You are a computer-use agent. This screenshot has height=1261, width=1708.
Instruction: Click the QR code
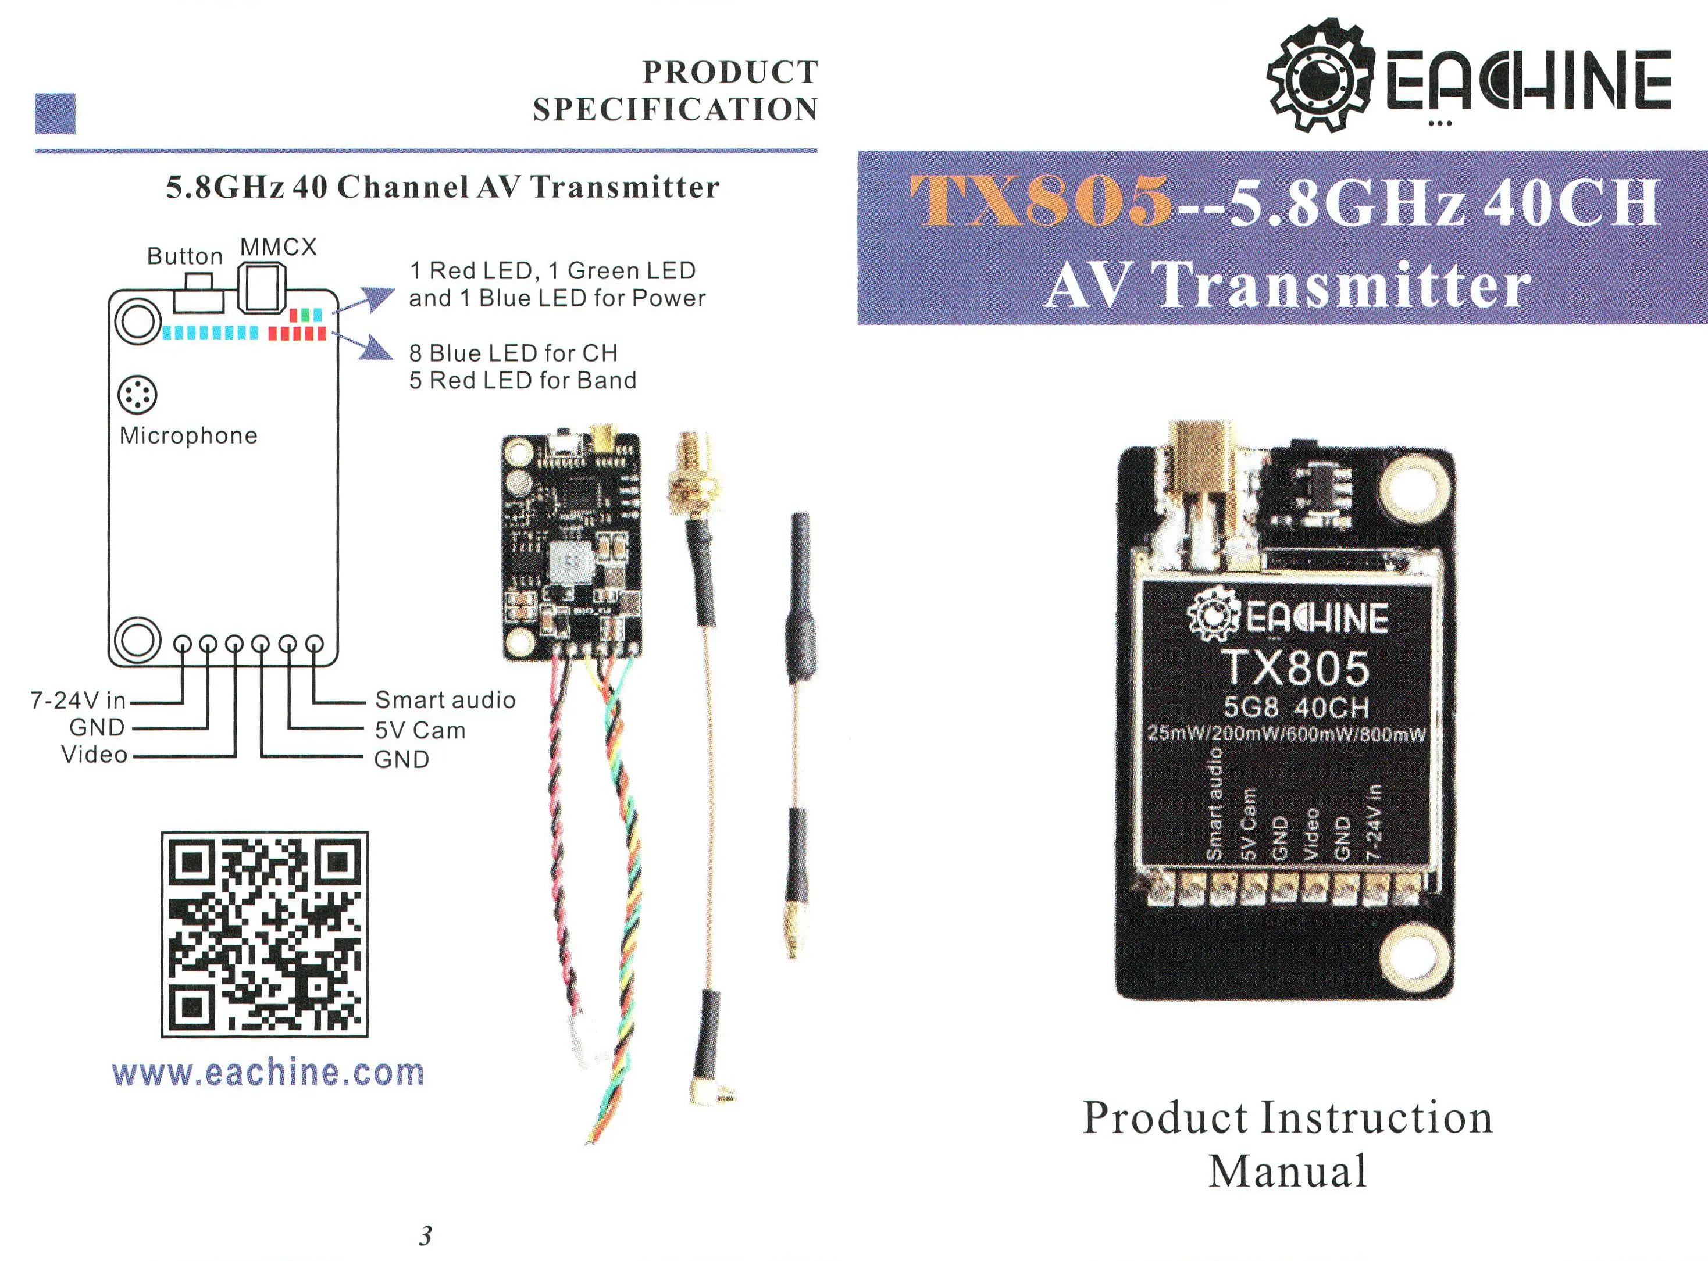pyautogui.click(x=264, y=934)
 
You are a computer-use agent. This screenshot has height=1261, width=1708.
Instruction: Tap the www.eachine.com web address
pyautogui.click(x=268, y=1073)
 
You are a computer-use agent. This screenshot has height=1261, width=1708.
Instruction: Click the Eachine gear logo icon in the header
pyautogui.click(x=1320, y=76)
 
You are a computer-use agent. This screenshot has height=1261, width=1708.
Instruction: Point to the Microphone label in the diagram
pyautogui.click(x=188, y=436)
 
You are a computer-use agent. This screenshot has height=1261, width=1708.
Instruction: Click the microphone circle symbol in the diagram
pyautogui.click(x=137, y=395)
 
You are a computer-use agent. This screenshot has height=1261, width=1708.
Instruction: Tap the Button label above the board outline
pyautogui.click(x=185, y=256)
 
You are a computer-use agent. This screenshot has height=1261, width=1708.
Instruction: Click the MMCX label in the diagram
pyautogui.click(x=278, y=247)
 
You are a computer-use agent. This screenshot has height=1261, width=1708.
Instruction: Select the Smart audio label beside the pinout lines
pyautogui.click(x=445, y=700)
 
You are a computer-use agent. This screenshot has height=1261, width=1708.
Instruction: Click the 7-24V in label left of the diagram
pyautogui.click(x=78, y=700)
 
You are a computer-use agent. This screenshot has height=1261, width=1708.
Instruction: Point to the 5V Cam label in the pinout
pyautogui.click(x=420, y=730)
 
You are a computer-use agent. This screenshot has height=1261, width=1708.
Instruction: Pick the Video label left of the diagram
pyautogui.click(x=95, y=755)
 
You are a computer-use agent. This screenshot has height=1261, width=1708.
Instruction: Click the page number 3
pyautogui.click(x=425, y=1235)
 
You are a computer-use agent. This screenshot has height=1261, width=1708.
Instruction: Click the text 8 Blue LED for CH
pyautogui.click(x=513, y=353)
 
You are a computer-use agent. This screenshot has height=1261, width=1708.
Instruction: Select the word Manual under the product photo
pyautogui.click(x=1288, y=1171)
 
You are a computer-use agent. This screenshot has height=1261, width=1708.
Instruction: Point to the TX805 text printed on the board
pyautogui.click(x=1296, y=669)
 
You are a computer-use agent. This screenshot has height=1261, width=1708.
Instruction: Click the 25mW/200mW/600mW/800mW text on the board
pyautogui.click(x=1286, y=734)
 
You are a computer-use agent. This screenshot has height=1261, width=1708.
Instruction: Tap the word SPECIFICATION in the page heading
pyautogui.click(x=675, y=110)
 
